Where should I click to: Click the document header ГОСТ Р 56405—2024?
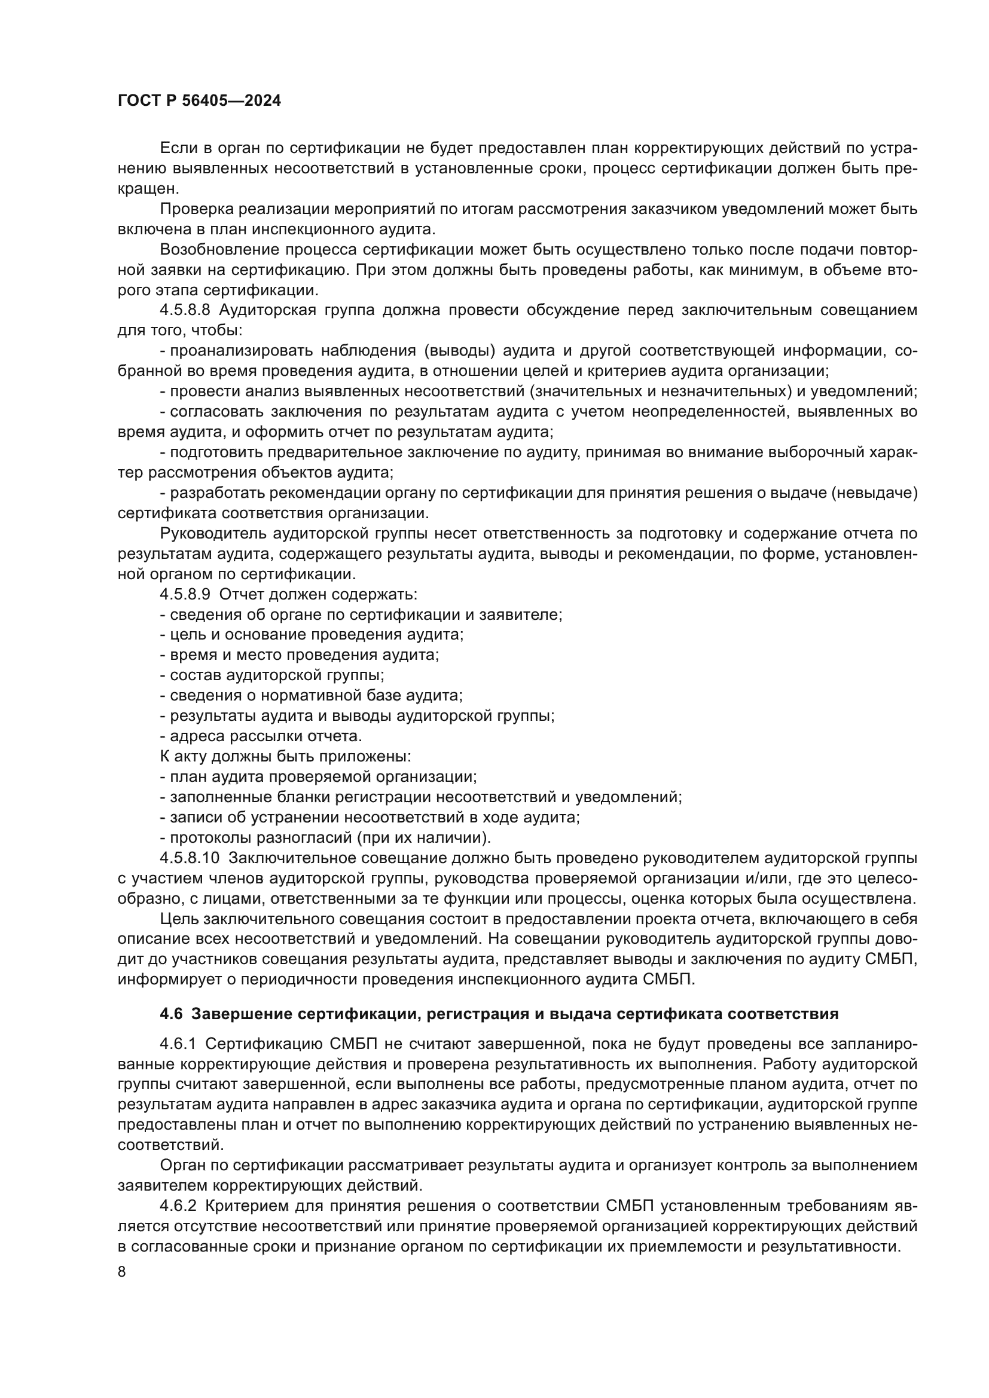pyautogui.click(x=199, y=101)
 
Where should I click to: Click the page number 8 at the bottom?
pyautogui.click(x=122, y=1272)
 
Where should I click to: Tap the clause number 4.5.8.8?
pyautogui.click(x=185, y=311)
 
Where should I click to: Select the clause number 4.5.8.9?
pyautogui.click(x=185, y=594)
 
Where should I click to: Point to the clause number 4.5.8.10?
pyautogui.click(x=189, y=858)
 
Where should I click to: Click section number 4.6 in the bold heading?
pyautogui.click(x=171, y=1014)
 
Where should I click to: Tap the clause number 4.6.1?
pyautogui.click(x=177, y=1044)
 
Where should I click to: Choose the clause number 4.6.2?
pyautogui.click(x=177, y=1206)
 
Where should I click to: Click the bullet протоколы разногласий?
pyautogui.click(x=325, y=837)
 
